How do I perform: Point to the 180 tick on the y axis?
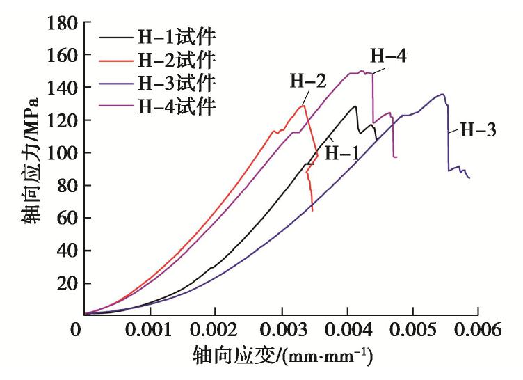coord(62,22)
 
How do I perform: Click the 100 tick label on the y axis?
coord(62,153)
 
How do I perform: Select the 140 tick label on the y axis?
coord(62,88)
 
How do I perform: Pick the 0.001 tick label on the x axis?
coord(150,327)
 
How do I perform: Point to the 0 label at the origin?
coord(75,327)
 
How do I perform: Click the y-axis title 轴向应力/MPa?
coord(30,161)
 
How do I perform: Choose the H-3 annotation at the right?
coord(477,129)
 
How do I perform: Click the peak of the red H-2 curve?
coord(303,105)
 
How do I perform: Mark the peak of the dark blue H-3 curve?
coord(442,94)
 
